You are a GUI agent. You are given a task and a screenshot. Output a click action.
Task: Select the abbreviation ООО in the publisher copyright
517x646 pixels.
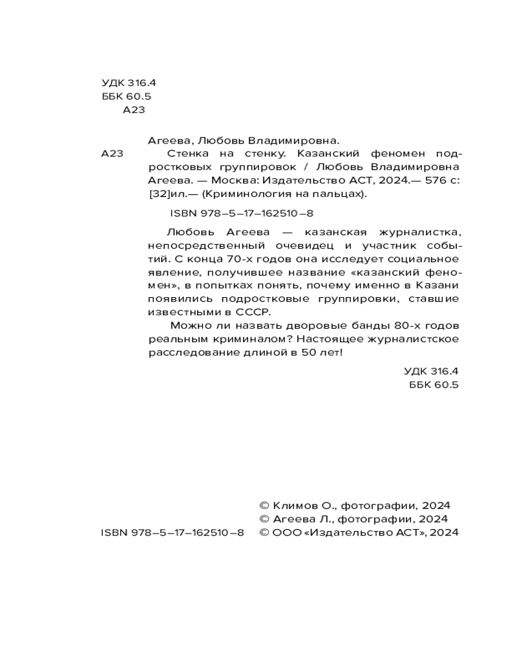[284, 533]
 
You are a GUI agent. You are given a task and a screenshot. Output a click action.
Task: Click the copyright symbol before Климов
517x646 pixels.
[264, 506]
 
